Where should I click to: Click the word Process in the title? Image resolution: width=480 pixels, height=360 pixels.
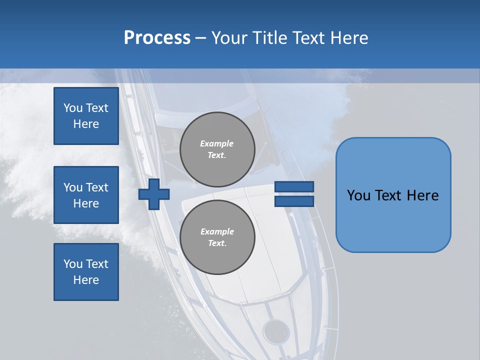(157, 38)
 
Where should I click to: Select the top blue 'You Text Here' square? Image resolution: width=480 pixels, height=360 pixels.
(86, 116)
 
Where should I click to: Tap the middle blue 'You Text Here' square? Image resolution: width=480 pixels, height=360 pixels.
(86, 195)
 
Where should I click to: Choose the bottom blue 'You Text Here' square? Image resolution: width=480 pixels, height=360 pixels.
(86, 272)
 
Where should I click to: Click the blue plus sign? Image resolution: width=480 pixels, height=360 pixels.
(154, 194)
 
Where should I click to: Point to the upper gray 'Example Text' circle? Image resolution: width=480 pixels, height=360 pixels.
(217, 149)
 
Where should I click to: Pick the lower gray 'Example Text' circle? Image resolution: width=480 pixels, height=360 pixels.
(217, 237)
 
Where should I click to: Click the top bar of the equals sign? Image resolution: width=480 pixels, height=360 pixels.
(294, 186)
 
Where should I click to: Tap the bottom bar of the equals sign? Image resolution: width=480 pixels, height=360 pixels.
(294, 201)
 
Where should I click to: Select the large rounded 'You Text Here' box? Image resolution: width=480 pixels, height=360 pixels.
(393, 195)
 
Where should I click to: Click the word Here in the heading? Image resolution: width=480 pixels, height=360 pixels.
(349, 38)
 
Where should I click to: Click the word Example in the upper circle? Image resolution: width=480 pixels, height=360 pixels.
(217, 143)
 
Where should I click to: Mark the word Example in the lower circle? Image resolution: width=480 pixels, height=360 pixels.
(217, 231)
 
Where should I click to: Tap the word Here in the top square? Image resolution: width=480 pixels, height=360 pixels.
(86, 124)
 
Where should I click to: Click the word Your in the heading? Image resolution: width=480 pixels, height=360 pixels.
(229, 38)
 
